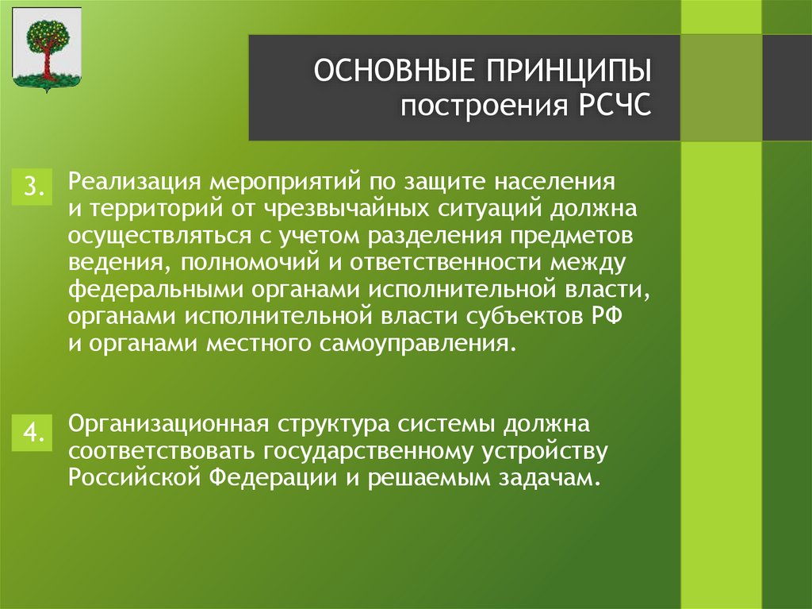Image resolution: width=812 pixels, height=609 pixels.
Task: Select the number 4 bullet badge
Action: click(x=33, y=433)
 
